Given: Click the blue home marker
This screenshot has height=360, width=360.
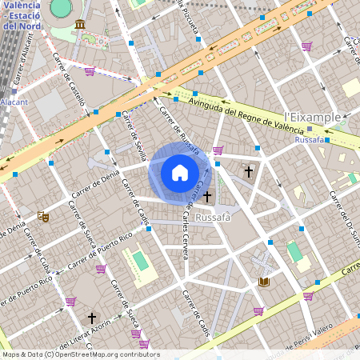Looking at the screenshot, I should point(179,172).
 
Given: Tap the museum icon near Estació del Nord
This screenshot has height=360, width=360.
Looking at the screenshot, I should point(80,26).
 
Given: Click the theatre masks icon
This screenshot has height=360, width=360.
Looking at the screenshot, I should point(43,216).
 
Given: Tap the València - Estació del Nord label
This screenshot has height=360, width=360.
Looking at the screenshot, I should point(21,14).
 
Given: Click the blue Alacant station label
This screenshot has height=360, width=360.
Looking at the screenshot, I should point(14,102).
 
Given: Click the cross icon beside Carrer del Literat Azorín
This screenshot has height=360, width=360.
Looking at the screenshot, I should point(91,318).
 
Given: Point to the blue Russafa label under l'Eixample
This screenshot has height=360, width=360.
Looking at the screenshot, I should point(310,139).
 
